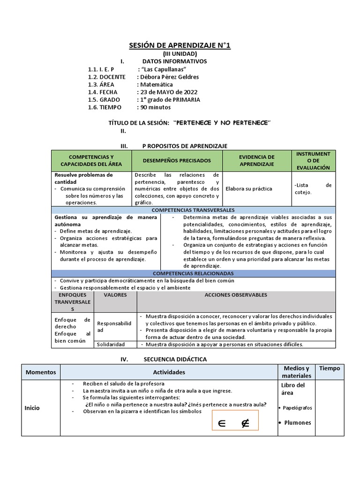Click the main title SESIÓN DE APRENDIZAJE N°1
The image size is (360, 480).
[x=180, y=45]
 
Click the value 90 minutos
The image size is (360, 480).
[x=155, y=107]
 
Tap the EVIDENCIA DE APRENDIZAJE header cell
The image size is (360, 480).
[x=257, y=160]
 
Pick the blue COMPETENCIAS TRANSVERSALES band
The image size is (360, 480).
[x=193, y=210]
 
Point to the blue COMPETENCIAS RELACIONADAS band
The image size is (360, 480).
[x=193, y=273]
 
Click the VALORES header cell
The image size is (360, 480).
[x=115, y=295]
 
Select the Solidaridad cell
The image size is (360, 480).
[x=111, y=344]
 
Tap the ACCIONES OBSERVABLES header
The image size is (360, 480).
[x=236, y=295]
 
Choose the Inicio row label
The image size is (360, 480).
[x=32, y=408]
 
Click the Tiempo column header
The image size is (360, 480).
[x=330, y=368]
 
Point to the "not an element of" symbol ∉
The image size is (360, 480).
[x=244, y=424]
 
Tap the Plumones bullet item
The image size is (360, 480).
[x=297, y=422]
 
